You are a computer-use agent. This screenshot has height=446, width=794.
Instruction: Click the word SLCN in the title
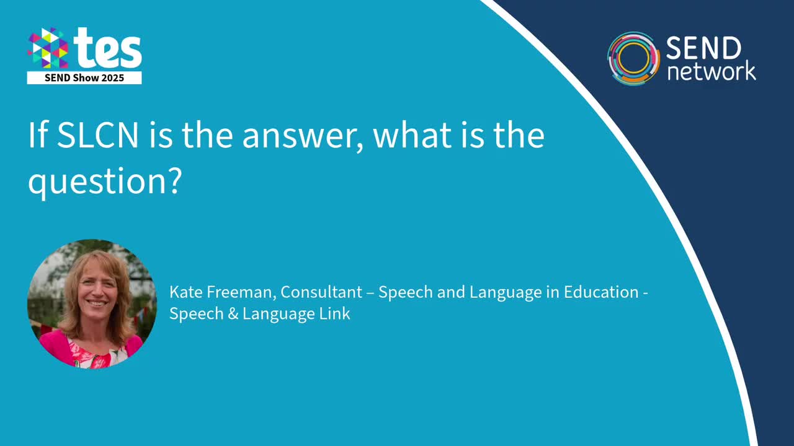97,136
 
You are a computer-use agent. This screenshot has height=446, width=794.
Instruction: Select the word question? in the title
104,181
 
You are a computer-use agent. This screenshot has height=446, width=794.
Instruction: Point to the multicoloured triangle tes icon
48,48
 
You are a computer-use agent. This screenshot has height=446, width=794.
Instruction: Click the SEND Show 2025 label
84,78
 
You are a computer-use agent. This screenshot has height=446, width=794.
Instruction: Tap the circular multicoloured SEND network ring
633,58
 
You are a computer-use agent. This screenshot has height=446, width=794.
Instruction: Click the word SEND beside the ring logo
703,48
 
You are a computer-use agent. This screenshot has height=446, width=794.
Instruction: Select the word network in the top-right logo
711,71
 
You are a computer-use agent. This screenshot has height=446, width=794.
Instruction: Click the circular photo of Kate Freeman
92,304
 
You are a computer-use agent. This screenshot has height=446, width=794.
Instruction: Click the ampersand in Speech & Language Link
233,314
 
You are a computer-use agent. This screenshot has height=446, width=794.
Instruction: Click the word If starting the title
37,136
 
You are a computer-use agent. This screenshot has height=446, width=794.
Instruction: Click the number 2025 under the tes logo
113,78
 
